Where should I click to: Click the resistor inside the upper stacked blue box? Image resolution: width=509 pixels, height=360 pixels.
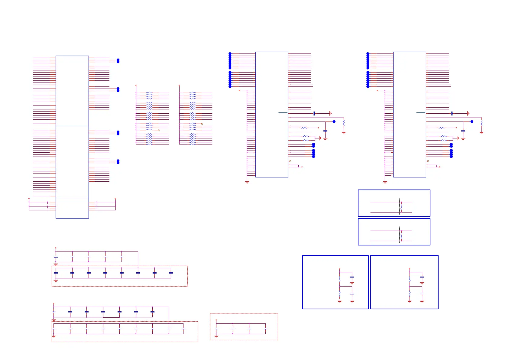401,207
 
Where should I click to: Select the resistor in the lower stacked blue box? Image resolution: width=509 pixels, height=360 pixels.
401,236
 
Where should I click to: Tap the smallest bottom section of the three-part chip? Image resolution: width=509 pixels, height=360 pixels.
72,208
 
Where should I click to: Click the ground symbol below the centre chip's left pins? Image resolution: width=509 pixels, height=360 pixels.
247,182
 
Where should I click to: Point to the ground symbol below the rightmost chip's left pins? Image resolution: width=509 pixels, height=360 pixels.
385,182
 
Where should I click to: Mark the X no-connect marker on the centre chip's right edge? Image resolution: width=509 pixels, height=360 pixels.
290,161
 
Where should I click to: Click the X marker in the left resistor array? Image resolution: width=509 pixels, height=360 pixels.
159,130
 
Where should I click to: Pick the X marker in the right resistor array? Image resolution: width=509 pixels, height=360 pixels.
202,124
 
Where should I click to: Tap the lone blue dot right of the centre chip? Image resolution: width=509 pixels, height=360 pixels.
334,122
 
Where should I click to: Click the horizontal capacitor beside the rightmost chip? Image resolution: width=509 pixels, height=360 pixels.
452,113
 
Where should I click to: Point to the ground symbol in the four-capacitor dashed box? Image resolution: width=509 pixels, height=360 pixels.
216,336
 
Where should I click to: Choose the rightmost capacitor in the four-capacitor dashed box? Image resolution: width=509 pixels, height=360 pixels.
265,329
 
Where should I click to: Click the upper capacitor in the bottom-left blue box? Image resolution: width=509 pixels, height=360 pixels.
352,277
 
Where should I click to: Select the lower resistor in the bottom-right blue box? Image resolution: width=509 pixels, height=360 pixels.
410,294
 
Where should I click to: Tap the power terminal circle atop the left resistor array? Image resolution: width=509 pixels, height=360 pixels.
136,85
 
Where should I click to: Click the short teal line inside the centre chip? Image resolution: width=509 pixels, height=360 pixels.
283,112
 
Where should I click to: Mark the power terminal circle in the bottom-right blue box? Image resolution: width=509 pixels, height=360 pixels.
410,268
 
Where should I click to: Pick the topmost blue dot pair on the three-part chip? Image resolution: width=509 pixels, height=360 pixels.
118,60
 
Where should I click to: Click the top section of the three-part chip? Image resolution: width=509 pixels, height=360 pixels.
72,91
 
